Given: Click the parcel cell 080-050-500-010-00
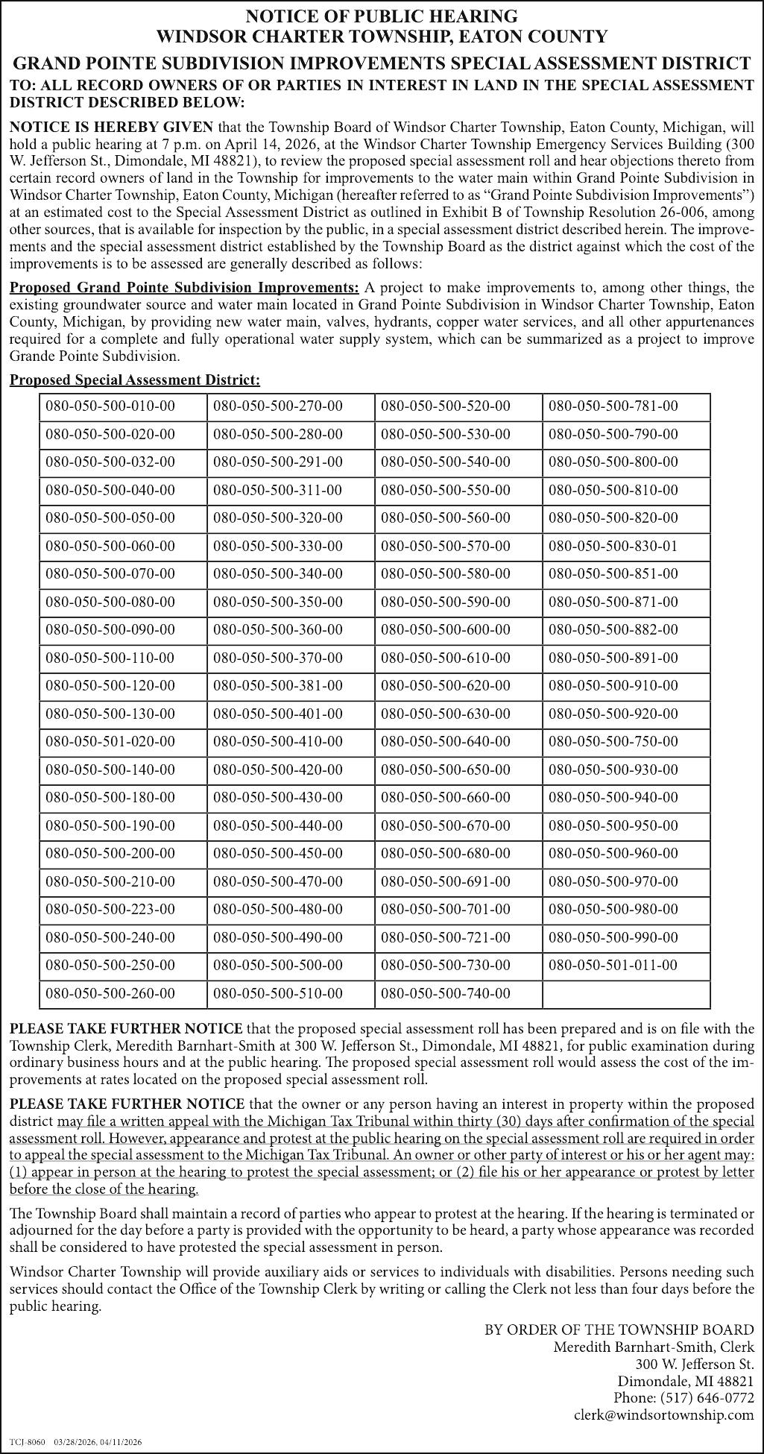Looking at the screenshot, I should tap(110, 406).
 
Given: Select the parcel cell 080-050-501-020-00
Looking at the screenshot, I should tap(110, 742).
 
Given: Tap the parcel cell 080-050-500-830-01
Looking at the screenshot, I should tap(613, 546).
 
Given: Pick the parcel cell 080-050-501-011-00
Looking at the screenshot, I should tap(613, 966).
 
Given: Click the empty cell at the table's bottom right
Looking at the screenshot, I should tap(626, 993).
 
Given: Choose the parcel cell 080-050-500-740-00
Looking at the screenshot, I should tap(446, 993).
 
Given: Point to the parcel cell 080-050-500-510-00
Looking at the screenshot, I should tap(278, 993).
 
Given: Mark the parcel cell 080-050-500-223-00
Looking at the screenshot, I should tap(110, 910).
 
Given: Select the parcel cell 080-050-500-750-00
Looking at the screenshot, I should tap(613, 742).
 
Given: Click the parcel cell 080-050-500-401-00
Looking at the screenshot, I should tap(278, 714).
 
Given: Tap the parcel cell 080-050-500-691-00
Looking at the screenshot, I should tap(446, 881).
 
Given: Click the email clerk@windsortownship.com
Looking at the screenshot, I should tap(663, 1414).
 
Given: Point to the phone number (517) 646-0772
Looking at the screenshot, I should tap(684, 1397).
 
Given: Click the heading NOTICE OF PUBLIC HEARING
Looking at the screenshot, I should tap(382, 16).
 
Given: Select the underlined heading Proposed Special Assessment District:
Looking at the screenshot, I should tap(135, 380).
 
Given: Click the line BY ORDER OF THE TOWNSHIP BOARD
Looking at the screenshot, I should tap(619, 1329).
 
